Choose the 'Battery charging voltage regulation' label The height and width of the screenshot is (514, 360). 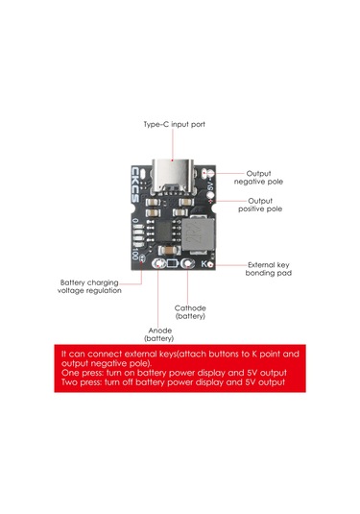click(90, 286)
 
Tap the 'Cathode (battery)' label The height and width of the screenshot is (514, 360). click(189, 311)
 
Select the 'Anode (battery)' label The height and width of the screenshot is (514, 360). click(159, 333)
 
